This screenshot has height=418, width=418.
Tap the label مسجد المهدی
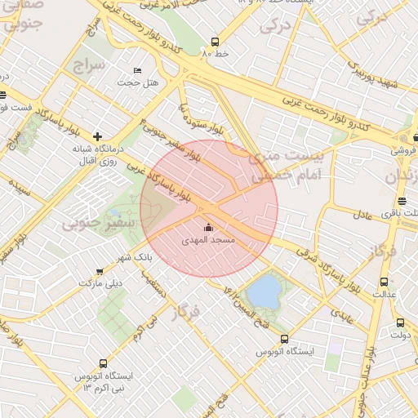coord(211,241)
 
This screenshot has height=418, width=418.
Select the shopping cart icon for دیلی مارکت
coord(100,271)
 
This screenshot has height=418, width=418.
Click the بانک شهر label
coord(136,257)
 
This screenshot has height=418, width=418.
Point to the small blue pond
coord(263,291)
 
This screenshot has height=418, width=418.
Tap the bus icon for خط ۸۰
coord(215,42)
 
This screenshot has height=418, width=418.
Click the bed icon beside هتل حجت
coord(137,71)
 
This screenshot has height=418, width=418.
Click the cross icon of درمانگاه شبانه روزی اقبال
coord(98,136)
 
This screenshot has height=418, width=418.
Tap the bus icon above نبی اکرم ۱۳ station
coord(103,363)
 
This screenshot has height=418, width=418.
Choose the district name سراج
coord(87,63)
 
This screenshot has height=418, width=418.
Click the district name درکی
coord(276,25)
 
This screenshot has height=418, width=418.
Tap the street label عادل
coord(364,216)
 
